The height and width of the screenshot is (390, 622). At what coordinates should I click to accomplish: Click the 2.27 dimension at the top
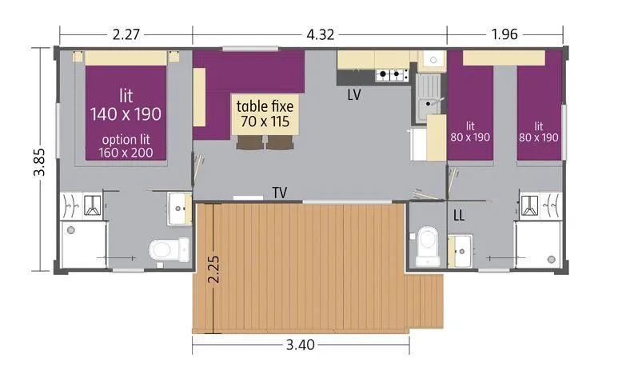pyautogui.click(x=126, y=34)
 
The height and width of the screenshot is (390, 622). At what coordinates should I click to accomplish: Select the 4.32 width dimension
pyautogui.click(x=319, y=34)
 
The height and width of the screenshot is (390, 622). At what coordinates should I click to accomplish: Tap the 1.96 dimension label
pyautogui.click(x=505, y=34)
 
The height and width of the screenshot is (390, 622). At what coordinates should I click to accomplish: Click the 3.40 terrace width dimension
pyautogui.click(x=301, y=345)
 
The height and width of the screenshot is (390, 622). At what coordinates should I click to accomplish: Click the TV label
pyautogui.click(x=280, y=193)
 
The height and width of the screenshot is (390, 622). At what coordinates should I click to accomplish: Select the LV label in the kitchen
pyautogui.click(x=355, y=94)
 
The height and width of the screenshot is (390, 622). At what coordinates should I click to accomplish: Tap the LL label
pyautogui.click(x=460, y=215)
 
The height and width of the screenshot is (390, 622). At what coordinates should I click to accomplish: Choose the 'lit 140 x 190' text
pyautogui.click(x=126, y=104)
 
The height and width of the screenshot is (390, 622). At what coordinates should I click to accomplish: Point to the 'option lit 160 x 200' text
pyautogui.click(x=126, y=145)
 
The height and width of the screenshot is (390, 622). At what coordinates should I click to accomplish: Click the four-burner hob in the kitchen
pyautogui.click(x=392, y=75)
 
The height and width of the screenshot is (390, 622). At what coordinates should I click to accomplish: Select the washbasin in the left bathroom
pyautogui.click(x=179, y=209)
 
